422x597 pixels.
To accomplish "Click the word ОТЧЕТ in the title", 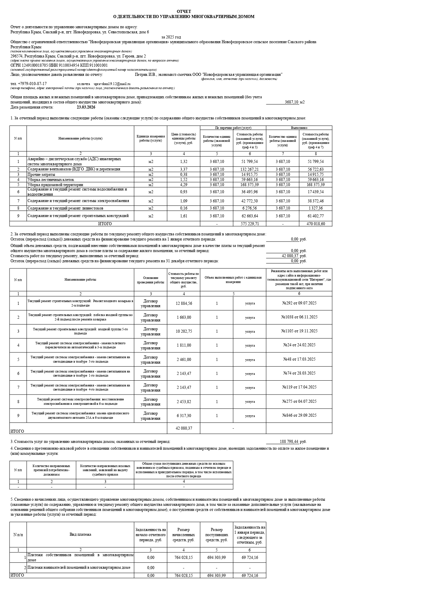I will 184,12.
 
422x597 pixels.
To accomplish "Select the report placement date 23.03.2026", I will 86,107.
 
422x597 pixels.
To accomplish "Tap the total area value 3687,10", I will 291,102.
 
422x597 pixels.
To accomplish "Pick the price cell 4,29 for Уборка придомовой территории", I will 184,185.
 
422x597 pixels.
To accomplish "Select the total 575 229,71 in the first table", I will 250,224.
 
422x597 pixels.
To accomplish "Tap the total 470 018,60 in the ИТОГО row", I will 316,224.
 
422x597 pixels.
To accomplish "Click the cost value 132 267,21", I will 250,169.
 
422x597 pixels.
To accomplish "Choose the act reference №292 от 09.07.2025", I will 299,303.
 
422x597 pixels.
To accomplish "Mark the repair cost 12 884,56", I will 184,303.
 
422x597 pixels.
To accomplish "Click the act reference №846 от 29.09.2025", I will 299,415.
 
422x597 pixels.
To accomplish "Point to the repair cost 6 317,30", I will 184,416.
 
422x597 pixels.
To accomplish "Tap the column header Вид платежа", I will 80,534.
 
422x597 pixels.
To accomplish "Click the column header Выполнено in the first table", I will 299,128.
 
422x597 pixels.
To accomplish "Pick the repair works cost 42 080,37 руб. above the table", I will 290,256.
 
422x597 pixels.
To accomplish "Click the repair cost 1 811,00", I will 184,345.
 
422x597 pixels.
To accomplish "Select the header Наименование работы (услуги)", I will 80,138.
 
